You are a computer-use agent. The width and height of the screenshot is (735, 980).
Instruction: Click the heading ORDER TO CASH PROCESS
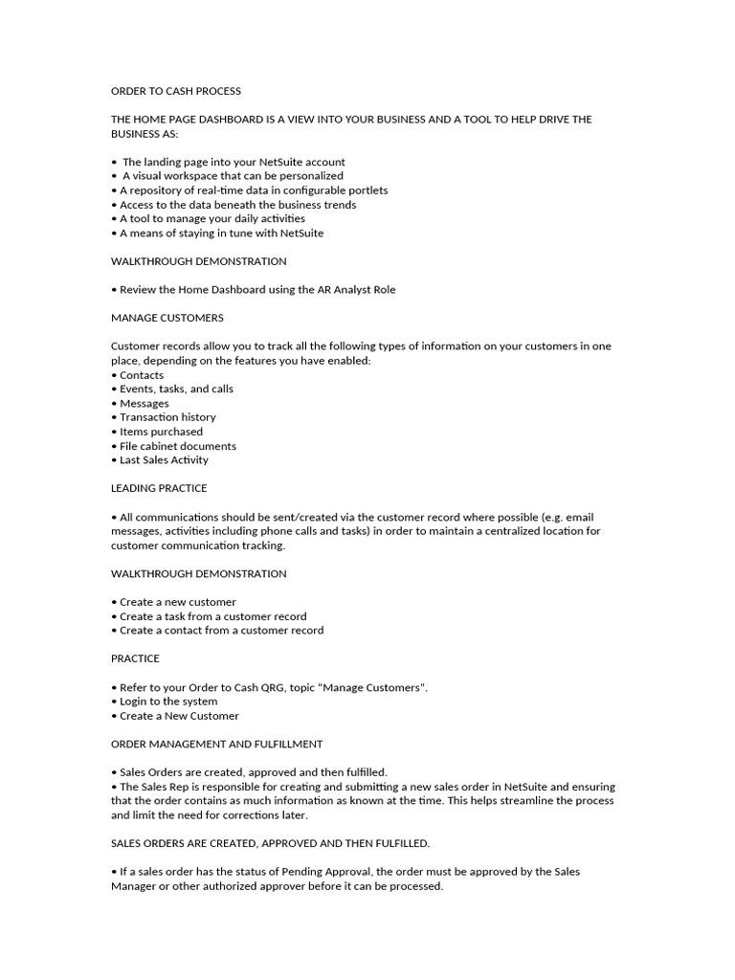tap(176, 91)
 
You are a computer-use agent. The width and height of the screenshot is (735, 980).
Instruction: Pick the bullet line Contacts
tap(141, 375)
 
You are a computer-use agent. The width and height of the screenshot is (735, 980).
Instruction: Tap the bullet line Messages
tap(144, 403)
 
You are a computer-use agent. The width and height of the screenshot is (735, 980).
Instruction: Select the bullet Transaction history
tap(167, 417)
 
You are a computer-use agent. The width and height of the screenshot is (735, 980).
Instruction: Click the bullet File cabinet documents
tap(177, 446)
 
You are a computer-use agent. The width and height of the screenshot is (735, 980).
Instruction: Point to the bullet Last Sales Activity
tap(164, 460)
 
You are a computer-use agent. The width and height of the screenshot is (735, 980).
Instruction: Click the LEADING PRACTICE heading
tap(159, 488)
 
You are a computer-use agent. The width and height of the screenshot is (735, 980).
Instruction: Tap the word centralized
tap(511, 531)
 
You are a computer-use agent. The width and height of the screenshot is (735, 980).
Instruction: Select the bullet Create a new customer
tap(177, 602)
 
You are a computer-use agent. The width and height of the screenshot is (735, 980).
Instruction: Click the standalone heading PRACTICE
tap(135, 658)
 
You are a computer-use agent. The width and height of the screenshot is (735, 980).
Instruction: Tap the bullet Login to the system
tap(168, 702)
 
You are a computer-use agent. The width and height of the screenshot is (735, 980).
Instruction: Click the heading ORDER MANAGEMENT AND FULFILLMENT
tap(217, 744)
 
